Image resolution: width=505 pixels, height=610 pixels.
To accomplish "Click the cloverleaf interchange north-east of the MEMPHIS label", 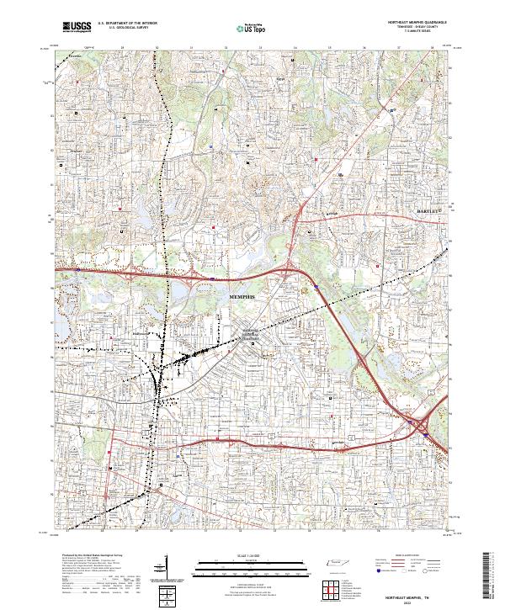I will pos(290,271).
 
